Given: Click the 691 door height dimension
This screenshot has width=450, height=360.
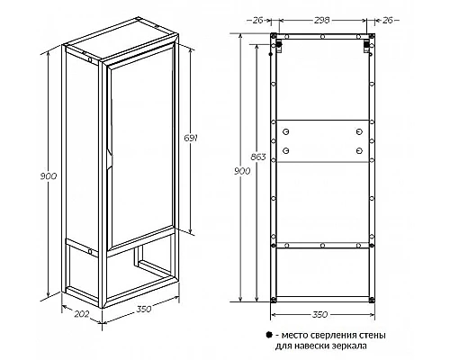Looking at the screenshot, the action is (191, 139).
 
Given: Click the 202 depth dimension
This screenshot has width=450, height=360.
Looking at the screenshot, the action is (82, 314).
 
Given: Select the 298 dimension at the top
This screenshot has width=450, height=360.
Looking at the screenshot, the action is (322, 20).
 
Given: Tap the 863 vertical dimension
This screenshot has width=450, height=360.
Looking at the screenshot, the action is (258, 157).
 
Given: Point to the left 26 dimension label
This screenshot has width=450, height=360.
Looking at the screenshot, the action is (258, 20).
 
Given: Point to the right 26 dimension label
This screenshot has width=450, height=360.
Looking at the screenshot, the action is (388, 20).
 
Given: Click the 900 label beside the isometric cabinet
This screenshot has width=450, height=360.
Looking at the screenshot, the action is (49, 176).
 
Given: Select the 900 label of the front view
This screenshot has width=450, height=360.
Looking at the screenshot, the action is (242, 171).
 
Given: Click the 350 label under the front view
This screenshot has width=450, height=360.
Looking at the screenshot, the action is (320, 315).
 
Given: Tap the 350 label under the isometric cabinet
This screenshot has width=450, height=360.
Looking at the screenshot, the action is (144, 309).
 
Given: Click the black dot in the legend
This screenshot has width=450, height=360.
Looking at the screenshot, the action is (269, 335).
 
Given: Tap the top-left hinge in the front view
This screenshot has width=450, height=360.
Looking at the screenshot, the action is (279, 47).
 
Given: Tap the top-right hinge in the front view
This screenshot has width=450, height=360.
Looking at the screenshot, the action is (366, 47).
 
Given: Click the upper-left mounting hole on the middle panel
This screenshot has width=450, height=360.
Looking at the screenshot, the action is (286, 131).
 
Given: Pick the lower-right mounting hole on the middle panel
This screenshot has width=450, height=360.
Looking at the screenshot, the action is (359, 150).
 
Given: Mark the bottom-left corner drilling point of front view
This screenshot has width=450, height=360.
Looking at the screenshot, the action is (274, 299).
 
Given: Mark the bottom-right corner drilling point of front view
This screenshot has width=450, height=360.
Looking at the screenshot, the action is (372, 299).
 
